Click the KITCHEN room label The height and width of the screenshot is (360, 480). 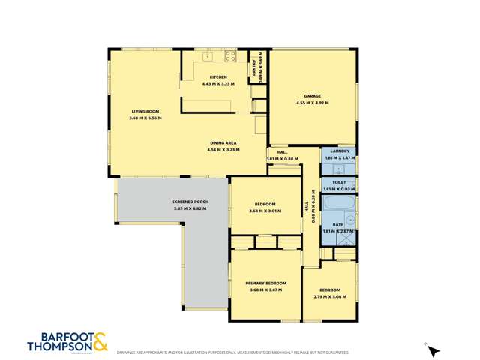point(218,77)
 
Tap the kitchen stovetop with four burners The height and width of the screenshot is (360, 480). point(231,55)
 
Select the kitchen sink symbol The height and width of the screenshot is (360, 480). point(208,55)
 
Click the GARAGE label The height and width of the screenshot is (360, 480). point(313,96)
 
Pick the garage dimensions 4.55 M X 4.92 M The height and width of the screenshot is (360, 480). point(313,103)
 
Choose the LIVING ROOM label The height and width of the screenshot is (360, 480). point(145,112)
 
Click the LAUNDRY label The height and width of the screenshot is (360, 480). point(339,151)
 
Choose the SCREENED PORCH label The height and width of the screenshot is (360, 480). point(190,202)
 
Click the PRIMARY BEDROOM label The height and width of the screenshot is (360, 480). point(266,283)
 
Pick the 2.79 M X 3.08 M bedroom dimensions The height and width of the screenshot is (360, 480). point(330,296)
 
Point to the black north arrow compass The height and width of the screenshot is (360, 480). point(433,351)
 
